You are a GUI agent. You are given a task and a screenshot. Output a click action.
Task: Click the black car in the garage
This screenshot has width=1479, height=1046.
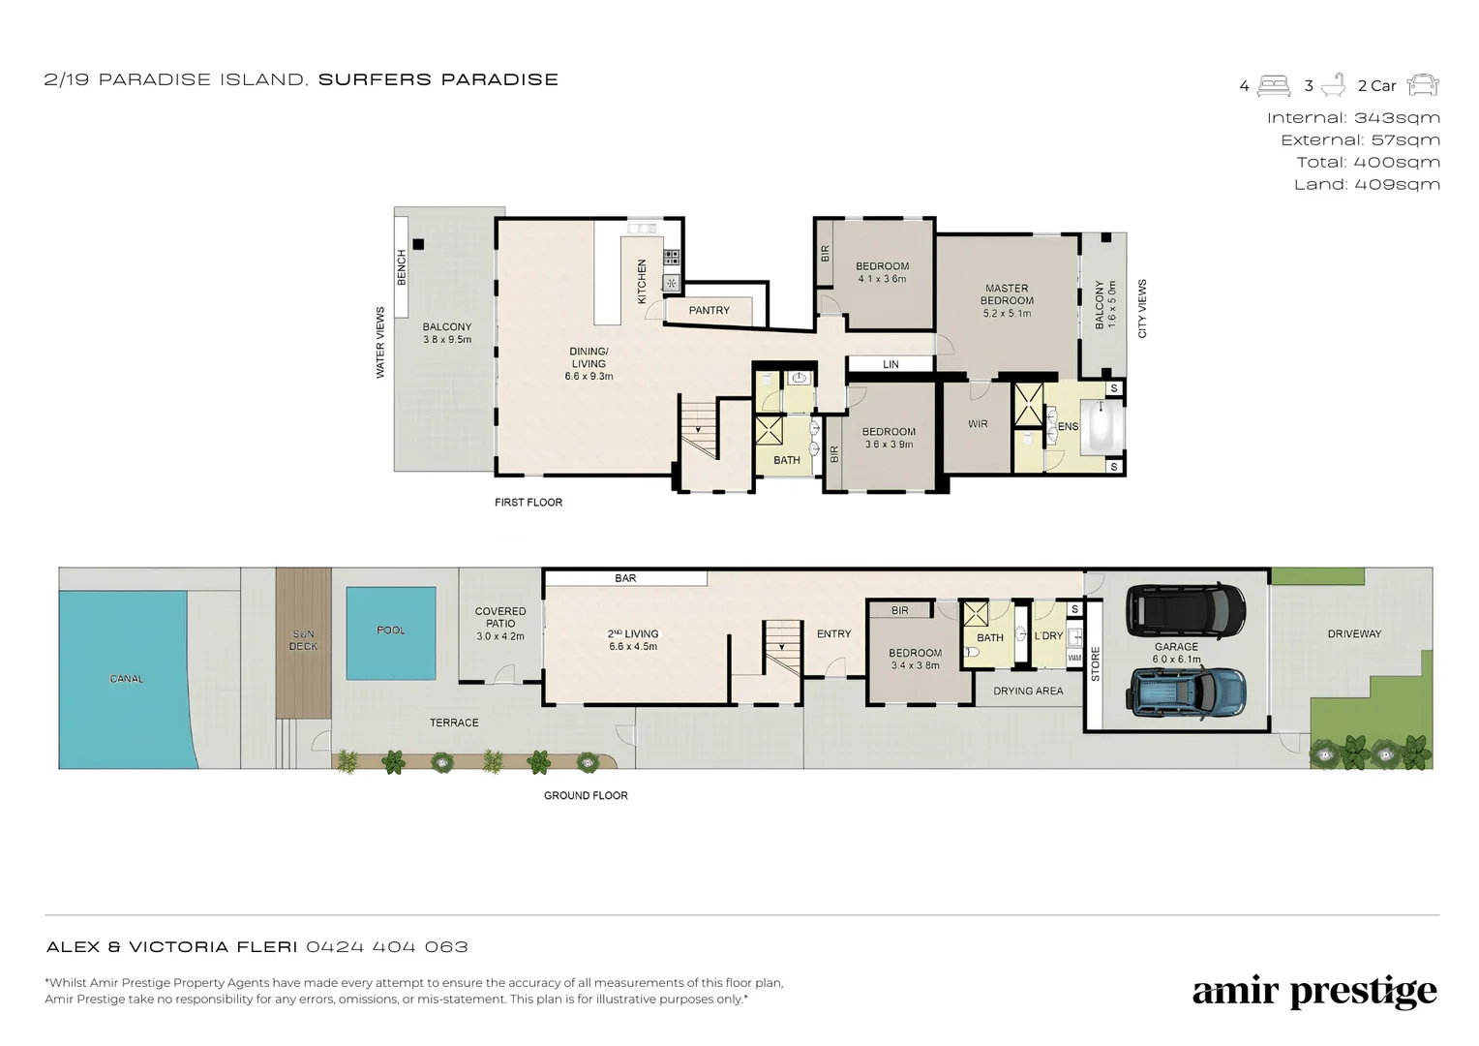coord(1185,610)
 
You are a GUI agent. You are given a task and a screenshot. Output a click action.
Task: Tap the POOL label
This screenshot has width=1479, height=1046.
coord(391,630)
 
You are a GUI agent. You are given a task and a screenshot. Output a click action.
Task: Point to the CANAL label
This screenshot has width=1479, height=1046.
coord(126,679)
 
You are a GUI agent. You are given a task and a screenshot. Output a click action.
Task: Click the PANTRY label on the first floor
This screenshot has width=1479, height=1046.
coord(709,310)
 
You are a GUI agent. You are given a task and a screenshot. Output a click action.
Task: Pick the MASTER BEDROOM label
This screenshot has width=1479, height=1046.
coord(1007,294)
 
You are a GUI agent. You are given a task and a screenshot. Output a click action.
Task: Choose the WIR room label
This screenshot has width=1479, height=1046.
coord(978,423)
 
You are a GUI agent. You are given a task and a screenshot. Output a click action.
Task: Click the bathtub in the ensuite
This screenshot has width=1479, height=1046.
coord(1102,426)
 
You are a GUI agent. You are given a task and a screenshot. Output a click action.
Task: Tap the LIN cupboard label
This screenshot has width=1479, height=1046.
coord(890,364)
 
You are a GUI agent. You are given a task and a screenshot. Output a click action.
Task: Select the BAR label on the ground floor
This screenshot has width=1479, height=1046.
coord(625,578)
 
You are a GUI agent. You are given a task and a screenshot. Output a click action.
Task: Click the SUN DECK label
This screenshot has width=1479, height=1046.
coord(304,640)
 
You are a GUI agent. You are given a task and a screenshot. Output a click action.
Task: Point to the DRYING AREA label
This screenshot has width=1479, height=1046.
coord(1028,691)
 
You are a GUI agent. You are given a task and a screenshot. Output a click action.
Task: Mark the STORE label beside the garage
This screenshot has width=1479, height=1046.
coord(1096,664)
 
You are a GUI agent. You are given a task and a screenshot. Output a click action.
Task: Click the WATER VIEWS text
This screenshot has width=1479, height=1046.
coord(380,342)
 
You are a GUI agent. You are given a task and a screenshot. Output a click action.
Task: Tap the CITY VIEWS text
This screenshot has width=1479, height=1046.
coord(1142,309)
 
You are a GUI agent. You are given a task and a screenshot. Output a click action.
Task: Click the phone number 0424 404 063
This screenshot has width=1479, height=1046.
coord(387,947)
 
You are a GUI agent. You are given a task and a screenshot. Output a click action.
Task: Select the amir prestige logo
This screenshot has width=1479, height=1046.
coord(1314,992)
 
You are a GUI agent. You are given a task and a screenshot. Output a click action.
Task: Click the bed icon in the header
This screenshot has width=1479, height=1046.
coord(1274,86)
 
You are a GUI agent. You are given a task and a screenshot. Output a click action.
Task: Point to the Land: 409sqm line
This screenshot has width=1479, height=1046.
coord(1367,184)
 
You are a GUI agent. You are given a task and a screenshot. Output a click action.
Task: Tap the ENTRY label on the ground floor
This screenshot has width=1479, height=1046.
coord(834,633)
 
